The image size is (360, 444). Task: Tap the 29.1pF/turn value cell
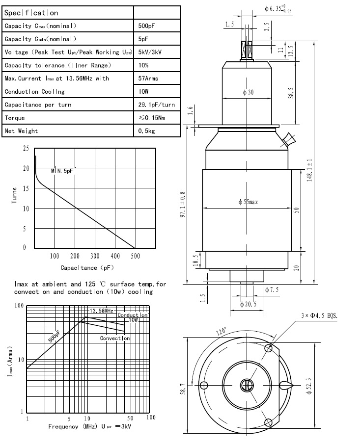tap(157, 104)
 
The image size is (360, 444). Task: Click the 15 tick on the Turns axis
tap(25, 188)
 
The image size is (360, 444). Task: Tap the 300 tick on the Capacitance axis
tap(95, 256)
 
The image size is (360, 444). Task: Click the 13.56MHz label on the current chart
tap(102, 311)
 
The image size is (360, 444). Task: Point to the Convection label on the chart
tap(115, 339)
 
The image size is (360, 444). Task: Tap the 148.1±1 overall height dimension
tap(309, 169)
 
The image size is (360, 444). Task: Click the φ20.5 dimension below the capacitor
tap(249, 304)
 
